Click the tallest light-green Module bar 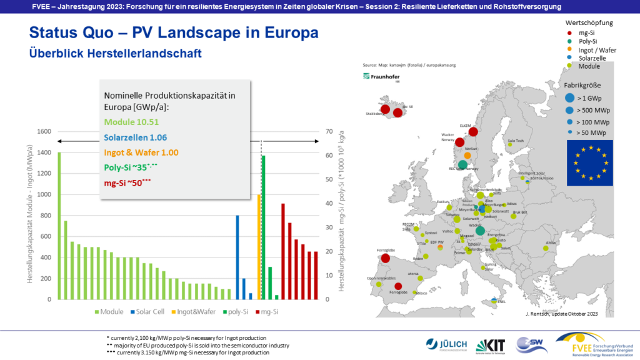59,225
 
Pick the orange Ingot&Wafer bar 259,247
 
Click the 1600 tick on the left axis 43,132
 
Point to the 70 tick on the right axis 331,132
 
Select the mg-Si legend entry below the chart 266,311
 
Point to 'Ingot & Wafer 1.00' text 141,152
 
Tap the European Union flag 590,162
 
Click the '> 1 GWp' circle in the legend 569,97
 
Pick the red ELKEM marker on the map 473,131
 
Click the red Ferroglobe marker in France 386,258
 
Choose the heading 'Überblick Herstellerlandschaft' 116,54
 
